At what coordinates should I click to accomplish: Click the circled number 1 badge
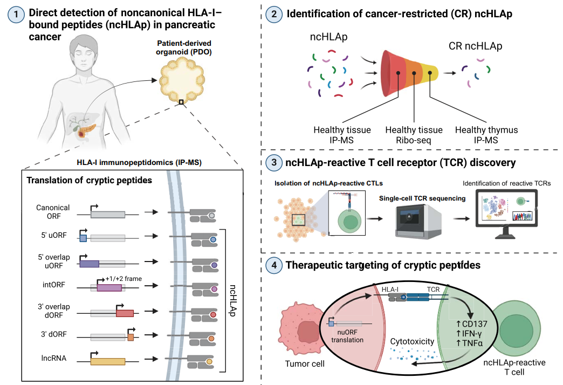click(x=16, y=15)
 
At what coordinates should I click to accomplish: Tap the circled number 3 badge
click(x=274, y=162)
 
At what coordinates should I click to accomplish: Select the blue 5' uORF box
click(x=83, y=238)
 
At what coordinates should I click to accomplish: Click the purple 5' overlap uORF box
click(x=90, y=264)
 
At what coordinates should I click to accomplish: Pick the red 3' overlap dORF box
click(x=125, y=313)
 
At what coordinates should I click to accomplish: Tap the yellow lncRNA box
click(x=108, y=361)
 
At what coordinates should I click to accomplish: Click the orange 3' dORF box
click(x=131, y=337)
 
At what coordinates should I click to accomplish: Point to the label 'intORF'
click(x=54, y=285)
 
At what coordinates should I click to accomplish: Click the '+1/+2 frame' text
click(x=123, y=279)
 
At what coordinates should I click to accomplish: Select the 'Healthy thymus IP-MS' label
click(x=486, y=135)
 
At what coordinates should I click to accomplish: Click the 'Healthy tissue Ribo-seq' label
click(x=414, y=135)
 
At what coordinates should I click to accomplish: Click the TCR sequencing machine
click(x=418, y=221)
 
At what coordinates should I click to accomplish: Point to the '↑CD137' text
click(x=471, y=324)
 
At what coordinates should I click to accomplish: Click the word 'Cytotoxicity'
click(x=412, y=341)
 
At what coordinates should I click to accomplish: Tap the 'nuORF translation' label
click(x=347, y=336)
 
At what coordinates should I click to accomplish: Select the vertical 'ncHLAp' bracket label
click(x=232, y=300)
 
